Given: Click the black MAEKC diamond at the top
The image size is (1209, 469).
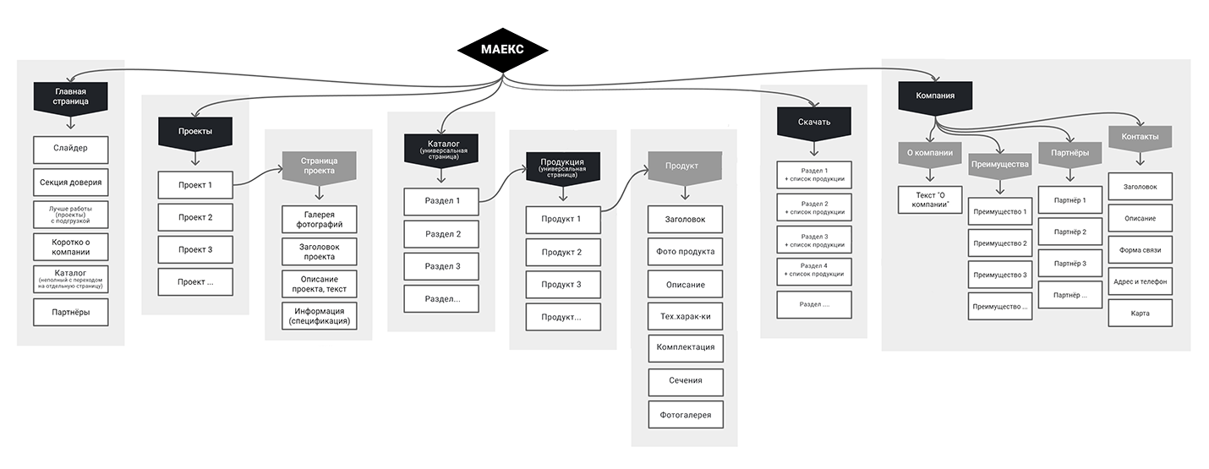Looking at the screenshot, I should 502,50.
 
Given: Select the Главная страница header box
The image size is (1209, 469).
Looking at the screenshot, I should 71,96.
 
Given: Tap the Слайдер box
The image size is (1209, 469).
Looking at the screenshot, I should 71,150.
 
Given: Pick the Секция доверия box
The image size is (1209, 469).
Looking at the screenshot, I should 71,183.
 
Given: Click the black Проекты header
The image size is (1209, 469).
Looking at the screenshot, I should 195,132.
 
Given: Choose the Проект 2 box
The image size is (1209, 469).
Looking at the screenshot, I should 195,218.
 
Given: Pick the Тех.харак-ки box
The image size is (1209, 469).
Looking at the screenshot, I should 686,315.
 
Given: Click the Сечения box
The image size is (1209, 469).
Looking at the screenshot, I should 686,381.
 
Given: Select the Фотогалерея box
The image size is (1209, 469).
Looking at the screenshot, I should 686,414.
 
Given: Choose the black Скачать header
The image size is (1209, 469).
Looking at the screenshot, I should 814,122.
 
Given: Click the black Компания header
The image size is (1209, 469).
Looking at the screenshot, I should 935,96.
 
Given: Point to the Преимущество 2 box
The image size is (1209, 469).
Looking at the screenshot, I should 1000,243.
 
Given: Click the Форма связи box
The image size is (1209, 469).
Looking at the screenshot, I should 1141,250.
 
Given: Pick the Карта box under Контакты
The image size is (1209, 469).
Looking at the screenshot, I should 1141,314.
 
